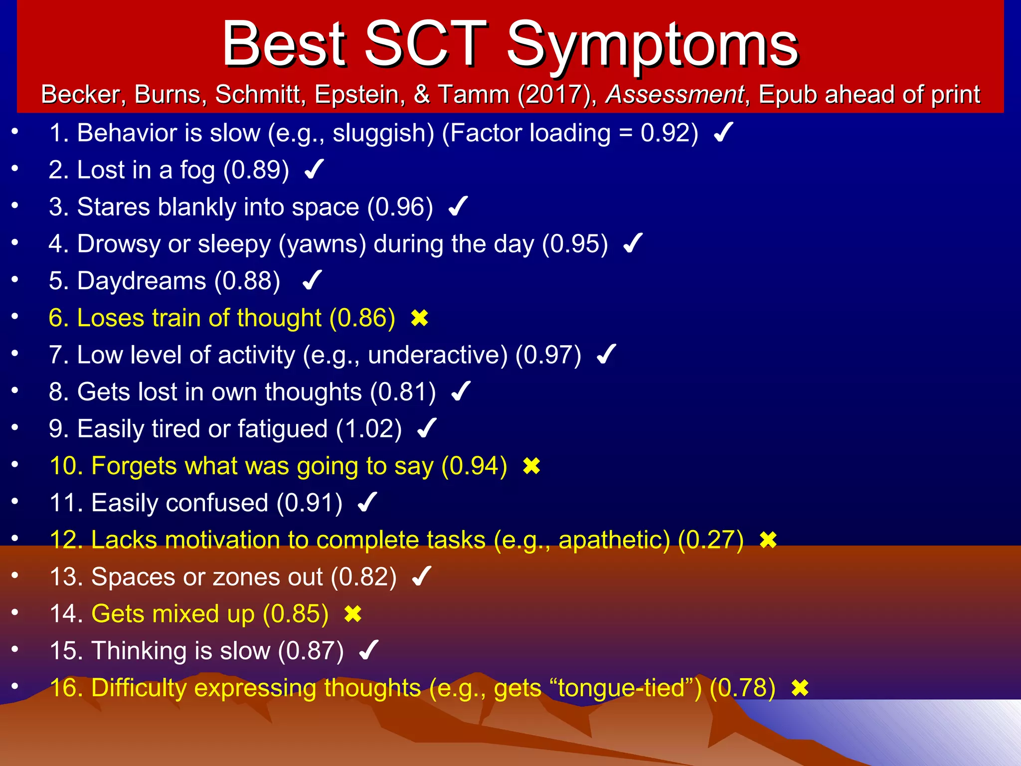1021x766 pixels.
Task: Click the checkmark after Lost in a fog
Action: click(314, 170)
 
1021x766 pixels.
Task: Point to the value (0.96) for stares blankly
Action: click(400, 207)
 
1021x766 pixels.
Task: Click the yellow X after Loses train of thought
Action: click(419, 318)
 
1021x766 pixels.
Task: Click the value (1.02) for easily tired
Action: click(368, 429)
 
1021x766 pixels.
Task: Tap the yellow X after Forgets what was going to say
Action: click(531, 466)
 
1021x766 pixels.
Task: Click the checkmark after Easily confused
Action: click(367, 503)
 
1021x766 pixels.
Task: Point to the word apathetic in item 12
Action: click(614, 540)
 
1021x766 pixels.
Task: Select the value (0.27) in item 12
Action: click(710, 540)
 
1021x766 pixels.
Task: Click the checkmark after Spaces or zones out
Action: click(421, 577)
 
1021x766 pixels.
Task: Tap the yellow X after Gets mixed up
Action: click(352, 614)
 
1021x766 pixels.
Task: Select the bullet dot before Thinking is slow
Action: click(15, 649)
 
